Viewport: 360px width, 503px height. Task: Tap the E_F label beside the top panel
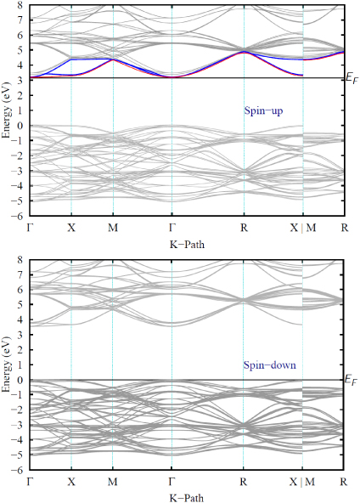[351, 78]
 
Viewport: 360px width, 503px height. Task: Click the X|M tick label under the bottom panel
[303, 482]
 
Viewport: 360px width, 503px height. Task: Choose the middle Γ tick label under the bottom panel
[172, 482]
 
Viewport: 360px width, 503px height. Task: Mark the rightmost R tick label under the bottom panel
[345, 482]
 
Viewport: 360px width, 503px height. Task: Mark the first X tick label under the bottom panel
[71, 482]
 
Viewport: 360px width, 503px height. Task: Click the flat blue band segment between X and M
[92, 59]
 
